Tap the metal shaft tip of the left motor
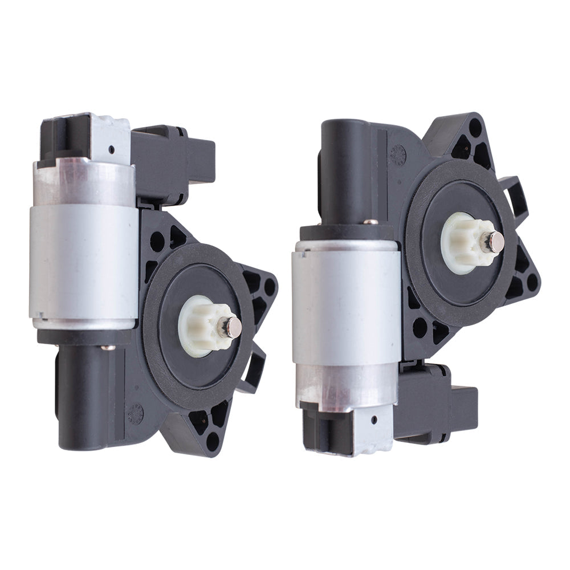point(233,326)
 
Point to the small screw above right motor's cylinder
point(370,221)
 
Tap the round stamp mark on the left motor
point(136,413)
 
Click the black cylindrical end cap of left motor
point(85,399)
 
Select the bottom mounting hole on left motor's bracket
point(213,441)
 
